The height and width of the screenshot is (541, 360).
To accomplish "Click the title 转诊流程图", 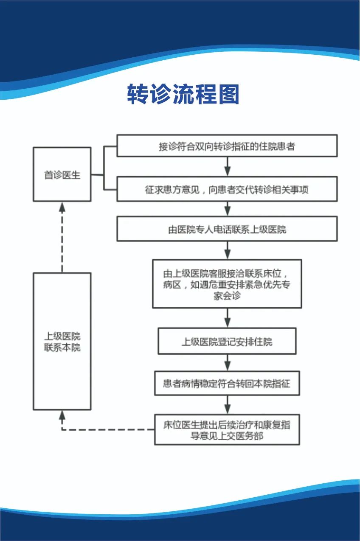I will click(183, 95).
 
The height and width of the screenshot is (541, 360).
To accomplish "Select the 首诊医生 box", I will click(62, 174).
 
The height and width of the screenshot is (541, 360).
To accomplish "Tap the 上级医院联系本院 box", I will click(62, 342).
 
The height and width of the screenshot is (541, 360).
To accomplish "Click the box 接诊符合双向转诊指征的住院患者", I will click(227, 146).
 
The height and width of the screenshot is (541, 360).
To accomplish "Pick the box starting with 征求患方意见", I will click(227, 189).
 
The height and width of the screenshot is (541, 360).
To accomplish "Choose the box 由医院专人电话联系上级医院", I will click(227, 229).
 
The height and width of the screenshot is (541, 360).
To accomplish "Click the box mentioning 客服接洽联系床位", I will click(227, 284).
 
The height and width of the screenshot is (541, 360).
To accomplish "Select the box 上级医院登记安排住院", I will click(227, 341).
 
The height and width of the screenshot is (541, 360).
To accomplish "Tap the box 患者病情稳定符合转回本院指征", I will click(227, 384).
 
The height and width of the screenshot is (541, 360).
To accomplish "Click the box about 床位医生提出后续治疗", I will click(227, 429).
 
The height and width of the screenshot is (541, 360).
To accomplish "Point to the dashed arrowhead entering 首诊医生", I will click(62, 207).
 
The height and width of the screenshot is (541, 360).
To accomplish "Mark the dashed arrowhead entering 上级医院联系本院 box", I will click(62, 415).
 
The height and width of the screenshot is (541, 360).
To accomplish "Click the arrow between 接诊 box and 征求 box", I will click(228, 167).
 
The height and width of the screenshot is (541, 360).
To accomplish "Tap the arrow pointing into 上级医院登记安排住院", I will click(228, 318).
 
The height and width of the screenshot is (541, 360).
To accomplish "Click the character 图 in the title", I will click(228, 95).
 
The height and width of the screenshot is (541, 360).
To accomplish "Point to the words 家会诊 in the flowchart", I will click(227, 296).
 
